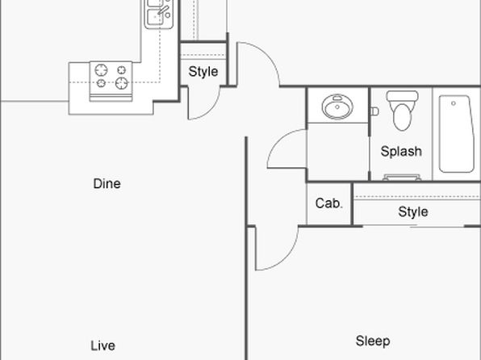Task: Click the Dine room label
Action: click(x=107, y=183)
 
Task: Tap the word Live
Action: click(x=102, y=345)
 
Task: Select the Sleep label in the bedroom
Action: click(x=373, y=341)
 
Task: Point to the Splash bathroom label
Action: click(x=401, y=151)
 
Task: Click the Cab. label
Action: click(x=328, y=203)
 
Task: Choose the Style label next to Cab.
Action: click(x=413, y=211)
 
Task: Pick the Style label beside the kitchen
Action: click(x=203, y=72)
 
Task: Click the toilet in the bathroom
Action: click(x=402, y=110)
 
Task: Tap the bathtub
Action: click(x=456, y=134)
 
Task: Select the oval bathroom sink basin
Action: click(x=337, y=107)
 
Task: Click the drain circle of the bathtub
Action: click(x=454, y=103)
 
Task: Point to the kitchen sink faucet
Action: click(x=163, y=10)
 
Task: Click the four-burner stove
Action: click(x=111, y=82)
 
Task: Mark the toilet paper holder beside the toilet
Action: click(x=374, y=111)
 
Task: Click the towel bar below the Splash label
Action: click(x=402, y=178)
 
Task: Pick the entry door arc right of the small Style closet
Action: click(x=267, y=55)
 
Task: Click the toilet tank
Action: click(x=402, y=96)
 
